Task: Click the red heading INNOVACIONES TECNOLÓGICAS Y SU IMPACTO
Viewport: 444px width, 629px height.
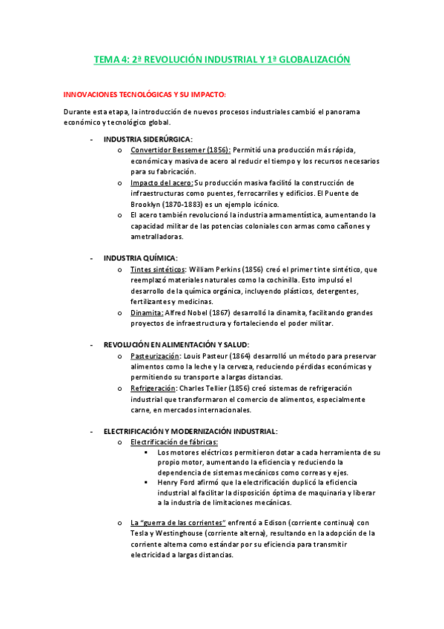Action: tap(143, 95)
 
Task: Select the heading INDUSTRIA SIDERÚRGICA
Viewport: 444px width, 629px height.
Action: tap(148, 139)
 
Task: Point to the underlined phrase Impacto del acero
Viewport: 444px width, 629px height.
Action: tap(162, 182)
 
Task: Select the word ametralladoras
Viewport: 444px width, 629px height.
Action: tap(156, 237)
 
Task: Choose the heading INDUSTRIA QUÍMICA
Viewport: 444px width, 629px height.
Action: tap(140, 258)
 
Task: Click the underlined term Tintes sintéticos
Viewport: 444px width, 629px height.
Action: tap(157, 269)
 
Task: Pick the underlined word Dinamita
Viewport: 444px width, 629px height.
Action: tap(147, 312)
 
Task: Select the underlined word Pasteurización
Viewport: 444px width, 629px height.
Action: tap(155, 356)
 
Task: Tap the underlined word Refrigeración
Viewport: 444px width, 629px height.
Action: tap(153, 388)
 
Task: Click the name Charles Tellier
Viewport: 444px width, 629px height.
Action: tap(204, 388)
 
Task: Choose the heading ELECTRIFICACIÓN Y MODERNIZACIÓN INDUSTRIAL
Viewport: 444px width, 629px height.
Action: tap(190, 431)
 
